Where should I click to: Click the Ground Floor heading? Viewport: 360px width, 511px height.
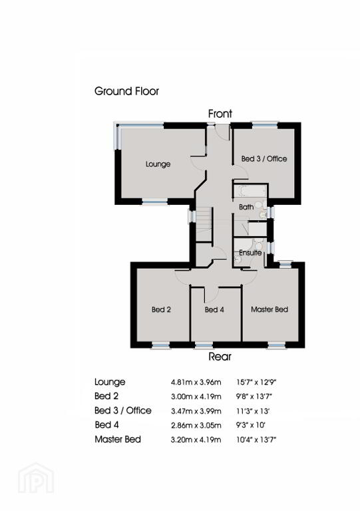coord(126,91)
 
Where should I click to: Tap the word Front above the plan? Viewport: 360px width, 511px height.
coord(220,114)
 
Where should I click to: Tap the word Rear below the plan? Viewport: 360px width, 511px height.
coord(220,357)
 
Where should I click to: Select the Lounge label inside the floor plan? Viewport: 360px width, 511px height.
coord(158,164)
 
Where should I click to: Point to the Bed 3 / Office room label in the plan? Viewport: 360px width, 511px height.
coord(264,159)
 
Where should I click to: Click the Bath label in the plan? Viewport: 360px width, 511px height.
coord(246,207)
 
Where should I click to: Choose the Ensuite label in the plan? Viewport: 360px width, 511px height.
coord(250,253)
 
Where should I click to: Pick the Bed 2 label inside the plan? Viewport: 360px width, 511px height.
coord(161,309)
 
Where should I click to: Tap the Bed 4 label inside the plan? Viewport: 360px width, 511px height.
coord(214,309)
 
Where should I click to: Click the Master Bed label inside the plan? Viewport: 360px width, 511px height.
coord(270,309)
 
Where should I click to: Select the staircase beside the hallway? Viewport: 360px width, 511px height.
coord(204,224)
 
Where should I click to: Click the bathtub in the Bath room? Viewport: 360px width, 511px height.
coord(250,192)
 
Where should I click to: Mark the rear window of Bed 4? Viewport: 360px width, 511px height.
coord(204,345)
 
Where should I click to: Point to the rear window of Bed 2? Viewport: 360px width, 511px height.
coord(160,345)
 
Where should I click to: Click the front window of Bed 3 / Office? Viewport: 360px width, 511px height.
coord(265,124)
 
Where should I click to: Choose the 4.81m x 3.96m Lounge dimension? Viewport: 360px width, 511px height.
coord(196,383)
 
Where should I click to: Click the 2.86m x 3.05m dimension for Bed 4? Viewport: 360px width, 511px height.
coord(196,425)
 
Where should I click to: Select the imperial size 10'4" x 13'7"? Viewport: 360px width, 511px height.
coord(256,440)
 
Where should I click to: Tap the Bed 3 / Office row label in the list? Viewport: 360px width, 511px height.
coord(123,411)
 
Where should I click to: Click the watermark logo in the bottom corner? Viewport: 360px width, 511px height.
coord(36,478)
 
